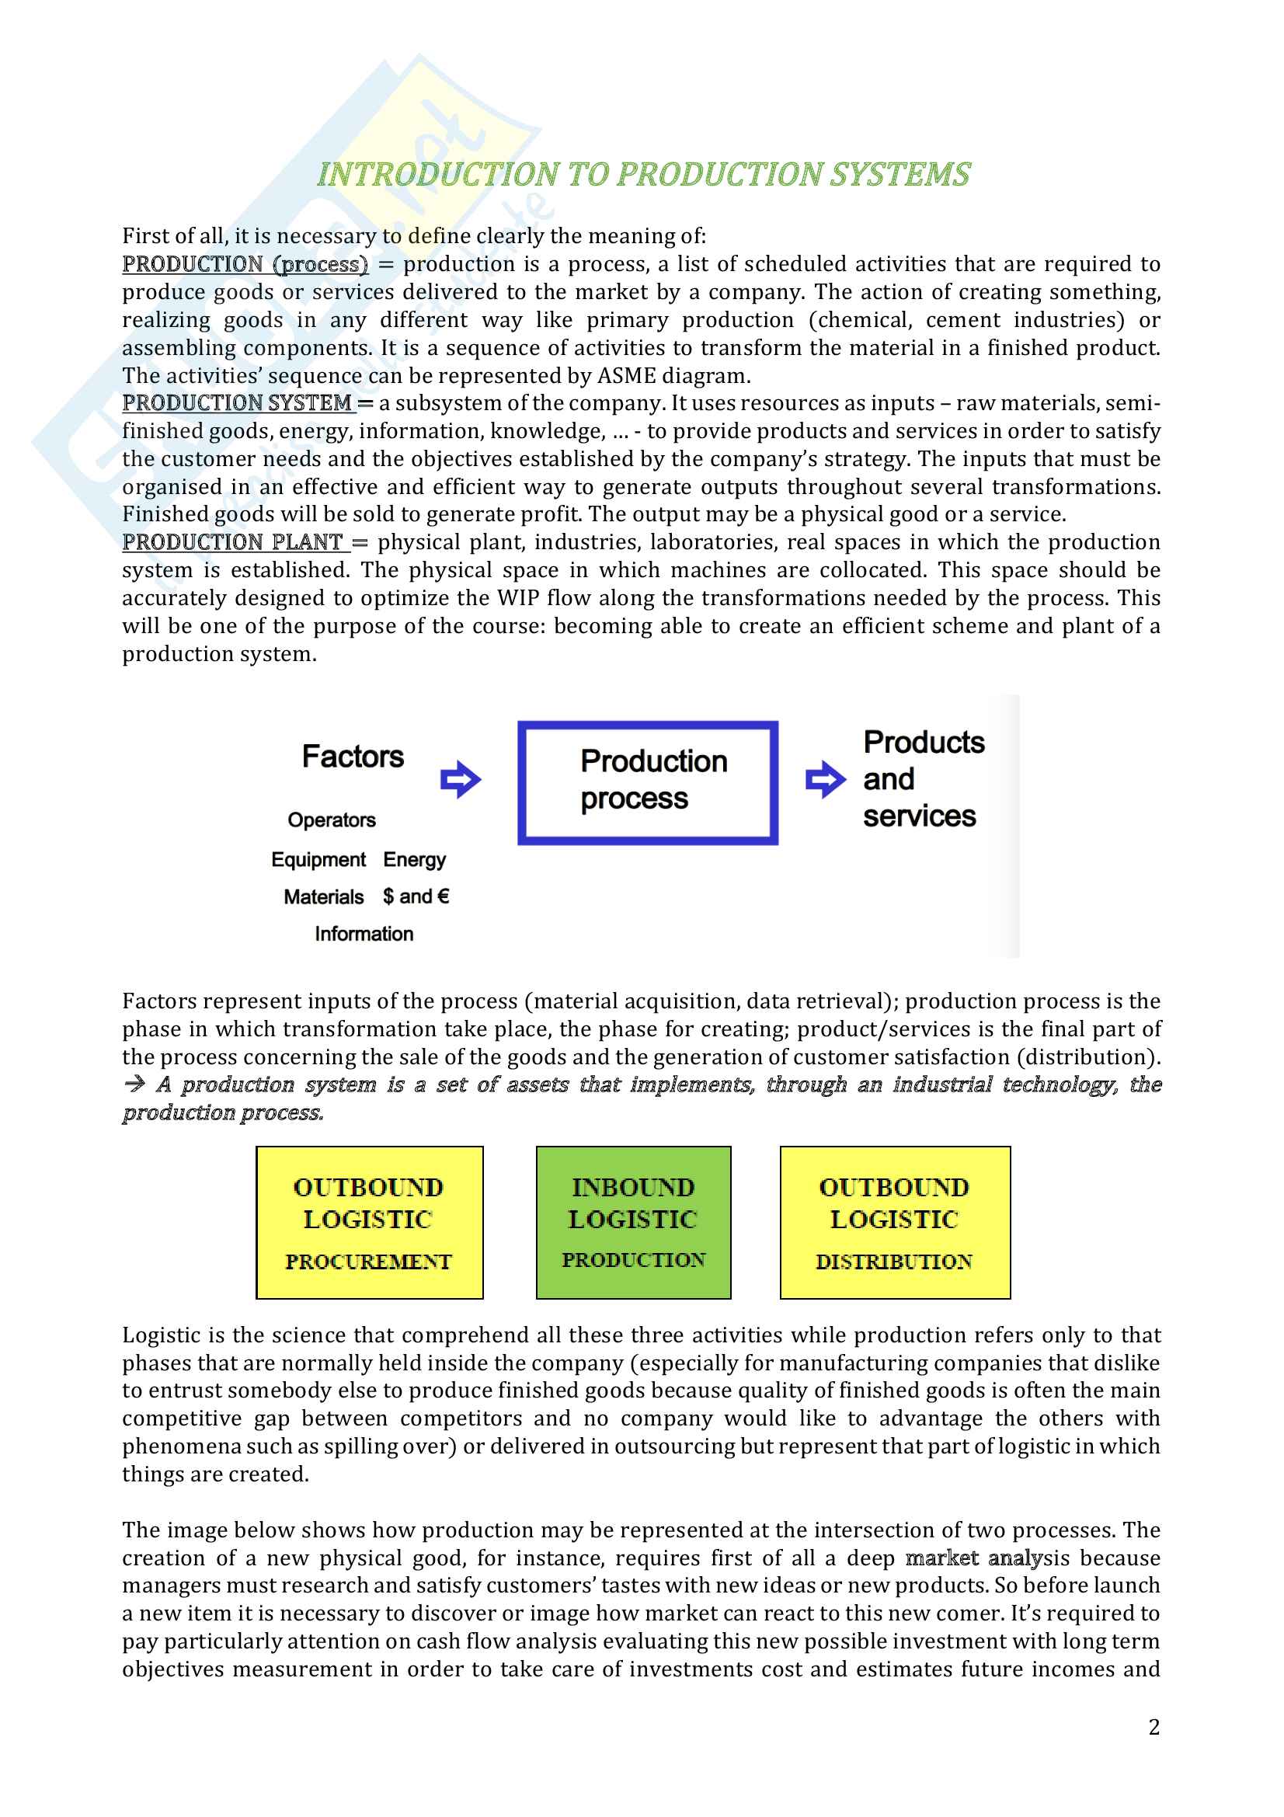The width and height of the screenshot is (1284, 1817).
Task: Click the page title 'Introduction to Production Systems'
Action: (642, 175)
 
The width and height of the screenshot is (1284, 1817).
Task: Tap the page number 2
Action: (1154, 1728)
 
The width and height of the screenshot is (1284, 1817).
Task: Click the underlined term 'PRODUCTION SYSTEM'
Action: (238, 404)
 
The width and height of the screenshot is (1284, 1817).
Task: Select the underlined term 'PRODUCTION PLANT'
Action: (232, 542)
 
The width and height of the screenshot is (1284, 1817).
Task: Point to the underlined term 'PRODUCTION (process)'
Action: (245, 264)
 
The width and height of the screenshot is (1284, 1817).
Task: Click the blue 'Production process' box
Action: (647, 782)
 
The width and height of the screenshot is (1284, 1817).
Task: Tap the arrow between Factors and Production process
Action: (461, 779)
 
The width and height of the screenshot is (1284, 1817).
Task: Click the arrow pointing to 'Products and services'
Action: (824, 779)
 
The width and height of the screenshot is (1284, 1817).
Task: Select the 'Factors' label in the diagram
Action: (353, 757)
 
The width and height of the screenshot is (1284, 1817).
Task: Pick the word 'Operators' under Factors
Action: (332, 820)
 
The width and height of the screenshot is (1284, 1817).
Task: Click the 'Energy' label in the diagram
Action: (415, 859)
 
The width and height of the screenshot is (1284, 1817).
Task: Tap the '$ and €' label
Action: (416, 896)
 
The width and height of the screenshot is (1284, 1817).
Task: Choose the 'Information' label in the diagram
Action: (364, 934)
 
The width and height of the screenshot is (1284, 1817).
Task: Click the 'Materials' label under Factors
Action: (324, 896)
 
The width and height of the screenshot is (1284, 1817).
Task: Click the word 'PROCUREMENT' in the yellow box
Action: (369, 1262)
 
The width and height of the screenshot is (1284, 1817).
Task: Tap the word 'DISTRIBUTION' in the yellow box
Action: (894, 1262)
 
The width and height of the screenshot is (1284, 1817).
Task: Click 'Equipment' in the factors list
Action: (318, 859)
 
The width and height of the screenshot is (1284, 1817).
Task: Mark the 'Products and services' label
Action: (923, 779)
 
